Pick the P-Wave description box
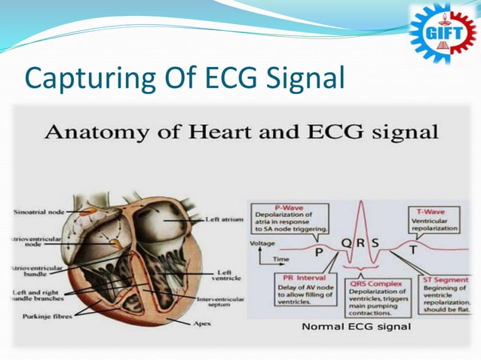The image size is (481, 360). [290, 218]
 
